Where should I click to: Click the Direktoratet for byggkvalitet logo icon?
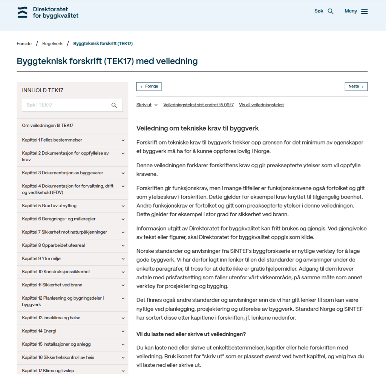point(22,12)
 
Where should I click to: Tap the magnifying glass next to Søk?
point(331,11)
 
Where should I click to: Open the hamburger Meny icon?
point(364,11)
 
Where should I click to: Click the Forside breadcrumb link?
point(24,43)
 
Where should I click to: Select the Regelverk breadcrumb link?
point(52,43)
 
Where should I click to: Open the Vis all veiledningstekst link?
point(261,105)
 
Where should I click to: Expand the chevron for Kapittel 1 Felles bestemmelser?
point(123,140)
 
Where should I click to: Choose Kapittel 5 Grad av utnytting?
point(49,206)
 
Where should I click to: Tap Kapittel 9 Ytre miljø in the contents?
point(41,259)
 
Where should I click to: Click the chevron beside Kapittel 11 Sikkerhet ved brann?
point(123,285)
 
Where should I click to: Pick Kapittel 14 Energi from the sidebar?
point(39,331)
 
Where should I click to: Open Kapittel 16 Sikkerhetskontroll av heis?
point(58,357)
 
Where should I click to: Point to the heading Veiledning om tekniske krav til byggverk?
point(198,128)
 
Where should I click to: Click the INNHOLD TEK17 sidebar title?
point(43,91)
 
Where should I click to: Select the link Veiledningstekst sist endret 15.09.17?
point(198,105)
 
